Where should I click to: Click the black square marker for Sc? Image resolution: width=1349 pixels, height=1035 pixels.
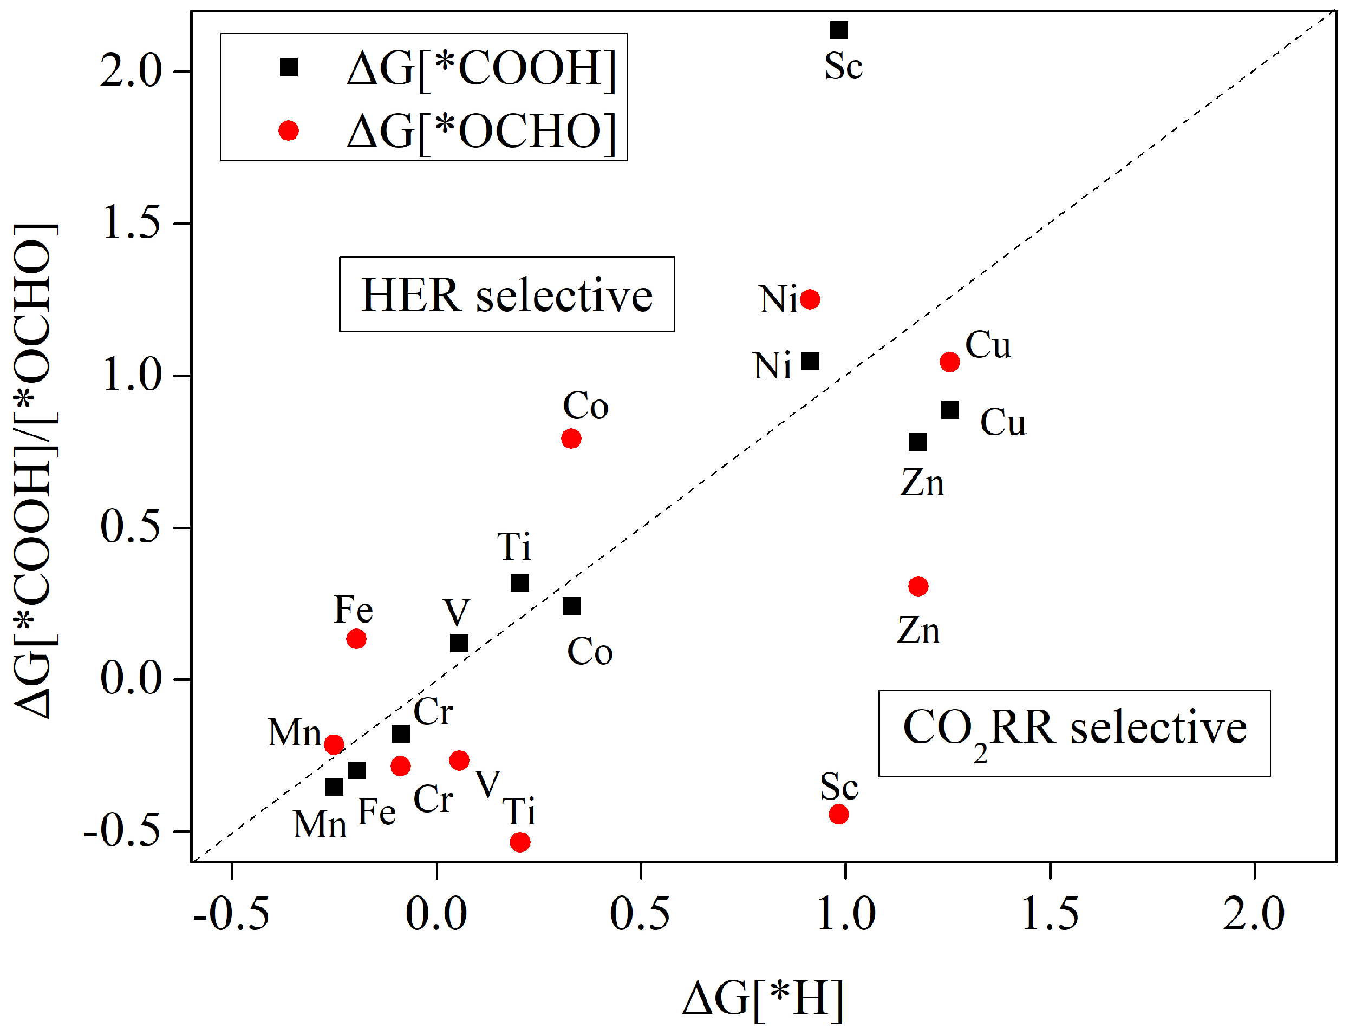pos(839,30)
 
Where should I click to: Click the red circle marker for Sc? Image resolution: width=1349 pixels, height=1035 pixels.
pos(838,815)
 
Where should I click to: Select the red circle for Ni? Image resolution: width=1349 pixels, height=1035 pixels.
pos(810,299)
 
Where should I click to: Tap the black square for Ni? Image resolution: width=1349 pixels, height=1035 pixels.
pos(810,362)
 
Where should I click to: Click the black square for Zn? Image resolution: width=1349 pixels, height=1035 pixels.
pos(917,442)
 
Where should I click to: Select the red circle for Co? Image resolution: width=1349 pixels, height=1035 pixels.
pos(571,438)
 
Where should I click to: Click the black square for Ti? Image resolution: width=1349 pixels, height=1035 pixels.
pos(519,582)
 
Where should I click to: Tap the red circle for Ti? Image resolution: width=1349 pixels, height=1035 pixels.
pos(519,842)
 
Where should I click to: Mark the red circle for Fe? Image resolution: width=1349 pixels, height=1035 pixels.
pos(356,639)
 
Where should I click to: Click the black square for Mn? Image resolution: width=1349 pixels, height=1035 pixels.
pos(334,787)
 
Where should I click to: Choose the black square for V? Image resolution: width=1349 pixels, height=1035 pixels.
pos(459,643)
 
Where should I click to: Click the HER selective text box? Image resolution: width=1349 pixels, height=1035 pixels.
pos(506,294)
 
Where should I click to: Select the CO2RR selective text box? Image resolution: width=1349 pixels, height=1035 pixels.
pos(1073,733)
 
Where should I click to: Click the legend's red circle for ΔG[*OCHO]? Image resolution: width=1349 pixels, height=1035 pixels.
pos(289,130)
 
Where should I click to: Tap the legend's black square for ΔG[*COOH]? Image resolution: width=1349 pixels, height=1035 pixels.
pos(289,67)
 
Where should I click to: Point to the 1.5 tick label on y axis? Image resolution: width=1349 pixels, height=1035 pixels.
pos(131,222)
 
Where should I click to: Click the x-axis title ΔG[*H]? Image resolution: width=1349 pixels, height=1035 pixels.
pos(763,998)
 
